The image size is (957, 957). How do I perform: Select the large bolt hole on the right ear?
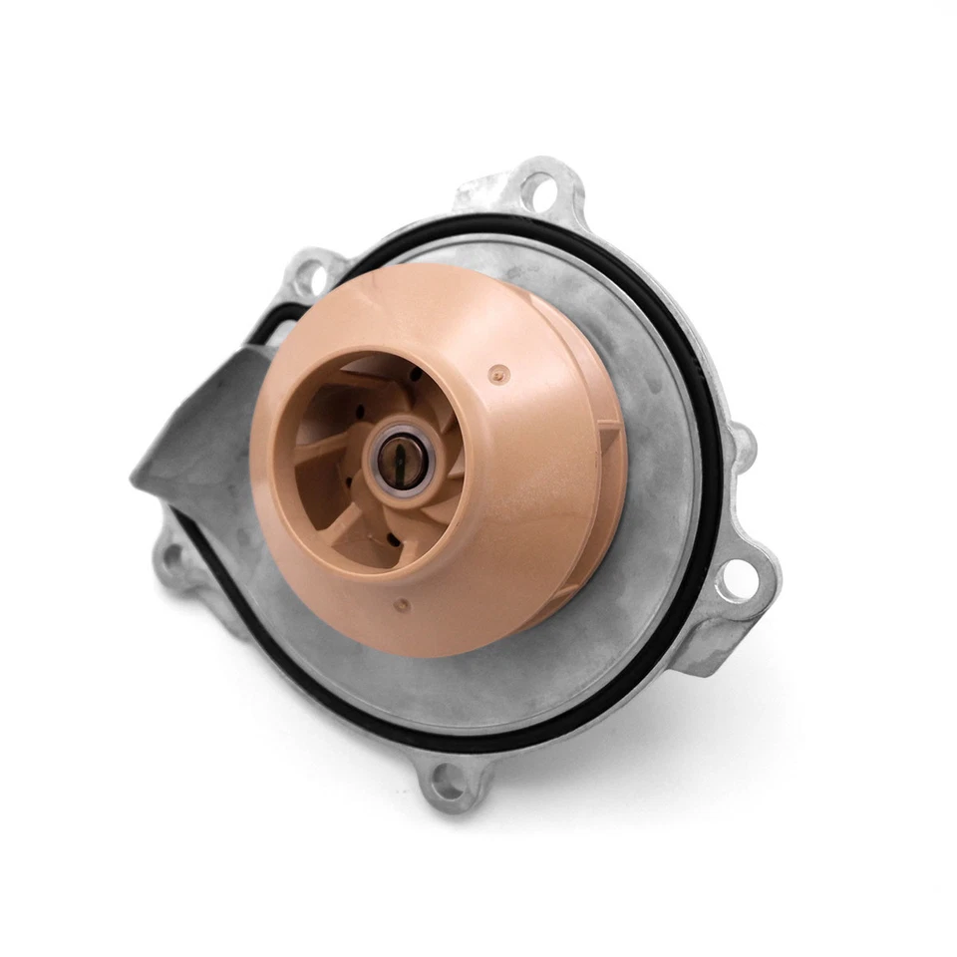point(741,578)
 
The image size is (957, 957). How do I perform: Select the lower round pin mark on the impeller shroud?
point(402,604)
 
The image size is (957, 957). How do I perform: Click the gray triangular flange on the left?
point(194,439)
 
